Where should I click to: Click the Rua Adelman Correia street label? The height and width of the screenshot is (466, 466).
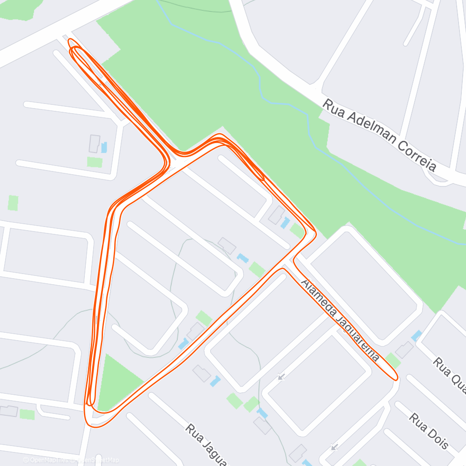[380, 136]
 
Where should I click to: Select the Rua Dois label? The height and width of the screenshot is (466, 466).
[429, 431]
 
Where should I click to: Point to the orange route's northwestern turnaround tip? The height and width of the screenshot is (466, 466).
[70, 42]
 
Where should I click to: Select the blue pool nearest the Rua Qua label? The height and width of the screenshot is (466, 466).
[416, 336]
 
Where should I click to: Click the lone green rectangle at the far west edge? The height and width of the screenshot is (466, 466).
[13, 203]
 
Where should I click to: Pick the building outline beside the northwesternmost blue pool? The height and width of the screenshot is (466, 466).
[95, 144]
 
